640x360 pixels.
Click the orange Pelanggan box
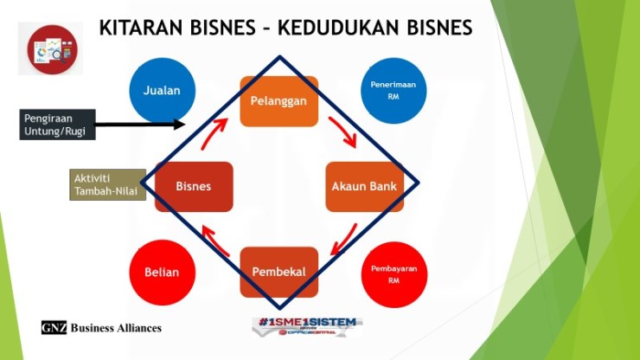coord(278,101)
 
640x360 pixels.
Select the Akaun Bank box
coord(364,186)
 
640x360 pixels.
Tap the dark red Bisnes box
coord(194,186)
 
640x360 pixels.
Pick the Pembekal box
coord(278,272)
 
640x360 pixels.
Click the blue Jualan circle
coord(162,90)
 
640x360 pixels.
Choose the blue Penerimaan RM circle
coord(394,90)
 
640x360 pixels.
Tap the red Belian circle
coord(162,273)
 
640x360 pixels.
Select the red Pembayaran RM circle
coord(394,274)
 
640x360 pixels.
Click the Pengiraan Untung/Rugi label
coord(56,124)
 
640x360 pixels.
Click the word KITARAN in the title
coord(138,27)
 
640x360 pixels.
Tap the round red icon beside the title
coord(50,48)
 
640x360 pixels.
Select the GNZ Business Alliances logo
coord(101,328)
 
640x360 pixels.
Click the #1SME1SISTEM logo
coord(307,325)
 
